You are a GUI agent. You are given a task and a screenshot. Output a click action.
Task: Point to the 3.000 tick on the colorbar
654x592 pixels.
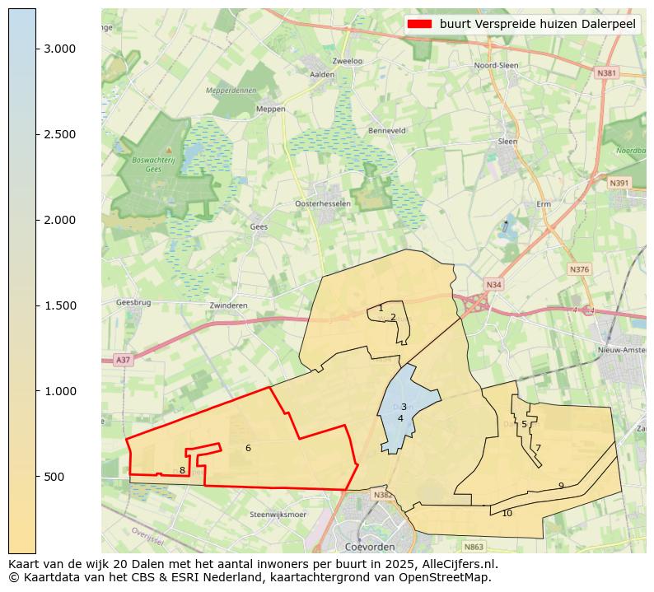37,49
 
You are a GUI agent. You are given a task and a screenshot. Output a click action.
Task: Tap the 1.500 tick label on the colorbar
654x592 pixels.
59,305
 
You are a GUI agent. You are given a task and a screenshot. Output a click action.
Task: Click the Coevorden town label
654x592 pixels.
370,547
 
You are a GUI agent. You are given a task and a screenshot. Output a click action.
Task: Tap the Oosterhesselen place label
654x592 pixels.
323,203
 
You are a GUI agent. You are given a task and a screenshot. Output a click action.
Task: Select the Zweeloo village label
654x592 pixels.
347,61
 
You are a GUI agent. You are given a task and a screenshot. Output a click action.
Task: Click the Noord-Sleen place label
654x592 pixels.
496,65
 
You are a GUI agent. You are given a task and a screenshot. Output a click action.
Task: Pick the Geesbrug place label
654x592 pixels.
133,302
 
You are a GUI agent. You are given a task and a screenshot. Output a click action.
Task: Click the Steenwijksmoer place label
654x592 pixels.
278,515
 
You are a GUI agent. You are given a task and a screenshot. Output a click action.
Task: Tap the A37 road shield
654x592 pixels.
123,360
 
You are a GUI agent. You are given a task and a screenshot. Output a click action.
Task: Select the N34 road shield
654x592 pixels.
493,285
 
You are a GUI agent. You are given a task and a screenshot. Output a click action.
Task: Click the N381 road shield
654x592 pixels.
606,73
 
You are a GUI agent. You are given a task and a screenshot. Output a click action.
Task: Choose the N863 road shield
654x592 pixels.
474,546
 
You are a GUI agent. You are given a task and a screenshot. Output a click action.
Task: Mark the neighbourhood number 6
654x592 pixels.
248,448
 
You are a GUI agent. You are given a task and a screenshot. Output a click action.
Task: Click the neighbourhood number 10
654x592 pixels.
507,513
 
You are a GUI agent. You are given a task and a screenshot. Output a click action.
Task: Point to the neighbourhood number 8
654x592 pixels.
182,470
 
